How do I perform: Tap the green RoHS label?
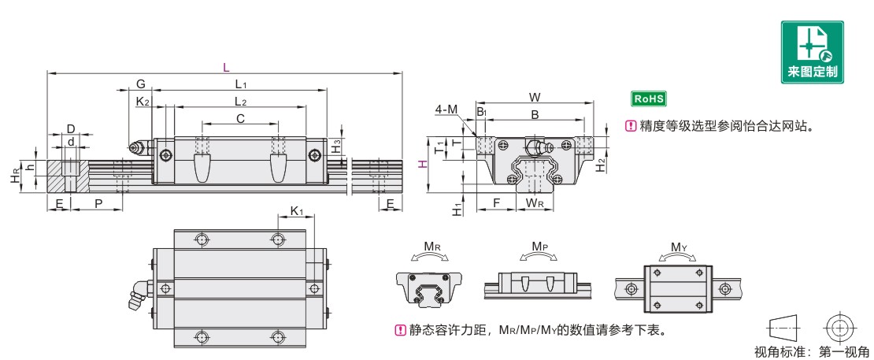[649, 99]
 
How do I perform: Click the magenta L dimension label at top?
[225, 67]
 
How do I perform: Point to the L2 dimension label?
[241, 101]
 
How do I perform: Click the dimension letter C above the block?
[240, 118]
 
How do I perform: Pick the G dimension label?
[140, 84]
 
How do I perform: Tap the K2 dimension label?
[143, 101]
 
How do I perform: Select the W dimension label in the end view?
[534, 98]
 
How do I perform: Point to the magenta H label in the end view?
[422, 163]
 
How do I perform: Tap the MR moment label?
[432, 247]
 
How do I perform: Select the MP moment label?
[539, 247]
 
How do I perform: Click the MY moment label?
[679, 247]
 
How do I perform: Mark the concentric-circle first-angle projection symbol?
[841, 327]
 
